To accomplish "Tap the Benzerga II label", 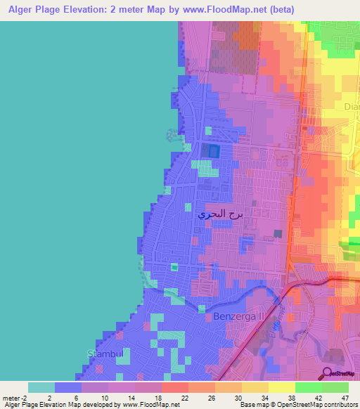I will (x=238, y=317).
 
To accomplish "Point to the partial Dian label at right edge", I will (x=351, y=107).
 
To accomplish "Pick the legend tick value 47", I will (x=345, y=397).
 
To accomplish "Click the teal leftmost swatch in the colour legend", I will (x=41, y=387).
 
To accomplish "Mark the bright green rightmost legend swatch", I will (x=335, y=387).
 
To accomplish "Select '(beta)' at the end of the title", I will (x=279, y=9).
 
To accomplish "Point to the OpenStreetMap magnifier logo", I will (x=328, y=373).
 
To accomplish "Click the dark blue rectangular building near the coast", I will (x=213, y=150).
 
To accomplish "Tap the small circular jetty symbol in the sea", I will (x=169, y=134).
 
